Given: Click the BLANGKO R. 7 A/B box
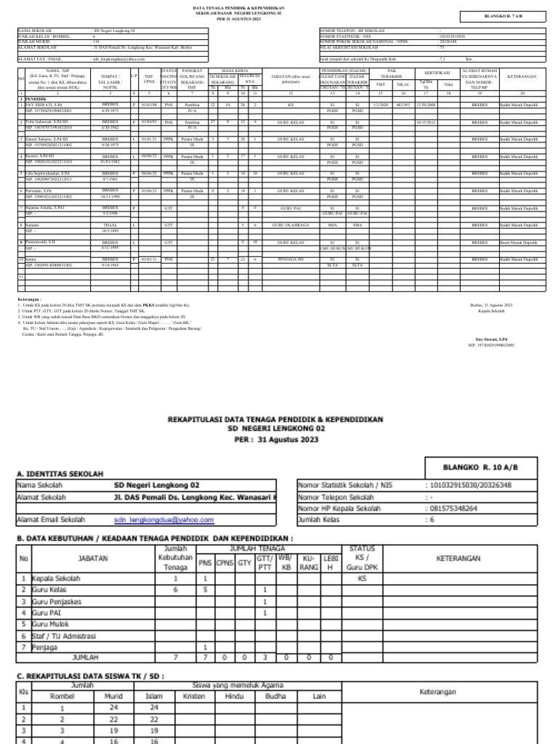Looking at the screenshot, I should tap(507, 14).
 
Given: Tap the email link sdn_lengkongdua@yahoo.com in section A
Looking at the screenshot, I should tap(163, 520).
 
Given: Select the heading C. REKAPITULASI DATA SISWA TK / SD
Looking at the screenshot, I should tap(91, 676).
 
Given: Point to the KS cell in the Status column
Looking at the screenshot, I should tap(362, 578).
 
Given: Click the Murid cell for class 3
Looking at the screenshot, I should tap(113, 731).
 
